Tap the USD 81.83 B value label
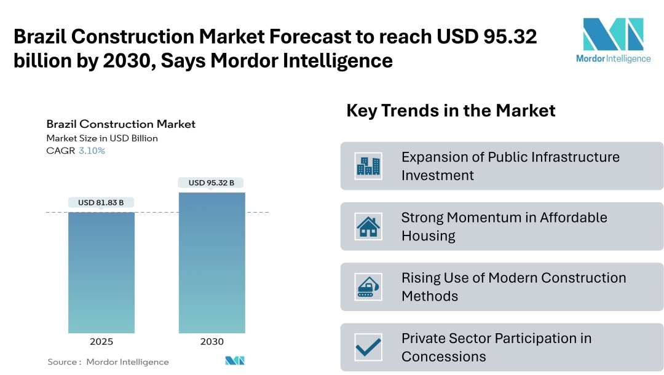click(x=101, y=202)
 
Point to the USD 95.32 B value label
click(x=211, y=183)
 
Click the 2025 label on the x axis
click(x=101, y=342)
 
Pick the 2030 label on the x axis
click(x=211, y=342)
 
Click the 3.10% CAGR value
click(x=92, y=151)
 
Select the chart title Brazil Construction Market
click(x=121, y=124)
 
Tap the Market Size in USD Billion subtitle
click(x=102, y=138)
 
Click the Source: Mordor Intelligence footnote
click(x=108, y=362)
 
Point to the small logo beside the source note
click(x=235, y=361)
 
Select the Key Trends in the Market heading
click(x=451, y=111)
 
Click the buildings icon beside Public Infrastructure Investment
click(x=368, y=166)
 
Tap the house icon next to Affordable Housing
click(x=368, y=226)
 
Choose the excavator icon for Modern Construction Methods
click(x=368, y=286)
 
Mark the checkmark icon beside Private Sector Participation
click(x=368, y=347)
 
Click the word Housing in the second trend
click(x=429, y=236)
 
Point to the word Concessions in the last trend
click(x=444, y=357)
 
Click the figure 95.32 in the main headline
click(x=510, y=37)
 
